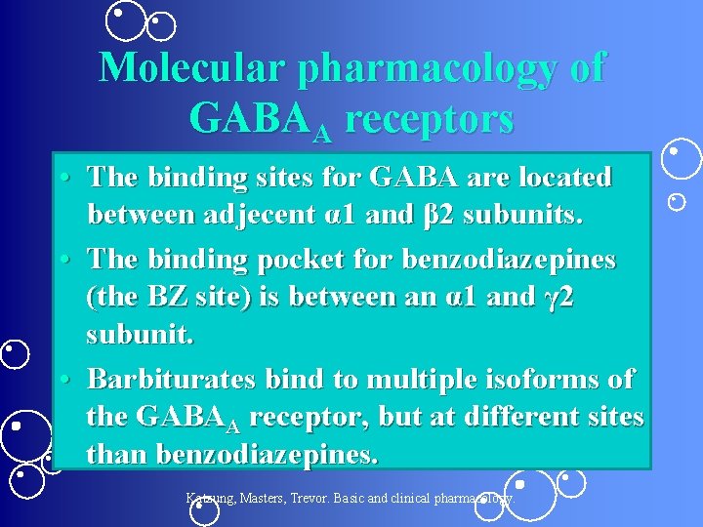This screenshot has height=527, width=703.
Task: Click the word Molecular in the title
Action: pyautogui.click(x=192, y=68)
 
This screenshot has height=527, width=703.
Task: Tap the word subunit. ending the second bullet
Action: pyautogui.click(x=141, y=335)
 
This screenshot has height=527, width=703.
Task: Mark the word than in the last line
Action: pyautogui.click(x=118, y=455)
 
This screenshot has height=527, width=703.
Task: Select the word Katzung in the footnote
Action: pyautogui.click(x=211, y=499)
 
